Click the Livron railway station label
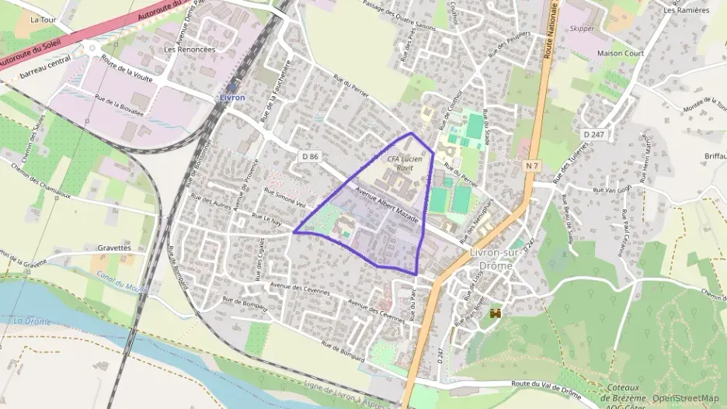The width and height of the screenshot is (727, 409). [231, 98]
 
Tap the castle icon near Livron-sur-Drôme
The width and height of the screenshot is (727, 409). [496, 312]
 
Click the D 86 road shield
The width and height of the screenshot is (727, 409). [308, 156]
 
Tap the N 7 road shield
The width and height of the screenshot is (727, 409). [531, 165]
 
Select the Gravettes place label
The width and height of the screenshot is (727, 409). [114, 248]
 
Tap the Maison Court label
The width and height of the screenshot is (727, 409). [621, 54]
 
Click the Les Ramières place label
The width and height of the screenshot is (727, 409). [687, 10]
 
